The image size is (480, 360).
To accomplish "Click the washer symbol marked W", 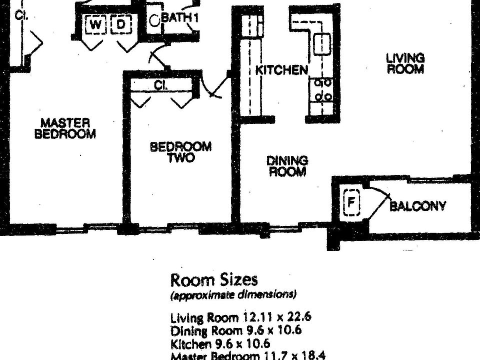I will [x=95, y=24].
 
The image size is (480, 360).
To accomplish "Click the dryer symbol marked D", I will [x=120, y=24].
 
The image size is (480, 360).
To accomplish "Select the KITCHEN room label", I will [x=281, y=70].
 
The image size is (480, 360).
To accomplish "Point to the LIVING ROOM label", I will [x=405, y=63].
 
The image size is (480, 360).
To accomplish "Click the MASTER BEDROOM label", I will [x=65, y=128].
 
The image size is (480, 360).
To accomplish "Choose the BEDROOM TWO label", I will [x=180, y=151].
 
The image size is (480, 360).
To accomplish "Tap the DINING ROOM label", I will [x=287, y=166].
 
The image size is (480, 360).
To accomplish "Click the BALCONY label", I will [x=417, y=206].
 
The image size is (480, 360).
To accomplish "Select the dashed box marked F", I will [x=352, y=202].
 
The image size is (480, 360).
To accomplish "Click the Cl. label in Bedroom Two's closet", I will [x=160, y=85].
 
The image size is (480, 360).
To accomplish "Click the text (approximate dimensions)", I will [x=233, y=294].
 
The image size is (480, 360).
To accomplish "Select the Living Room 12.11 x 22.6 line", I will [x=241, y=317].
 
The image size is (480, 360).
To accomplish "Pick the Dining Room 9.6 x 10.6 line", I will [x=236, y=330].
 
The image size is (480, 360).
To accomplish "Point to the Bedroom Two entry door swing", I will [x=214, y=87].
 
